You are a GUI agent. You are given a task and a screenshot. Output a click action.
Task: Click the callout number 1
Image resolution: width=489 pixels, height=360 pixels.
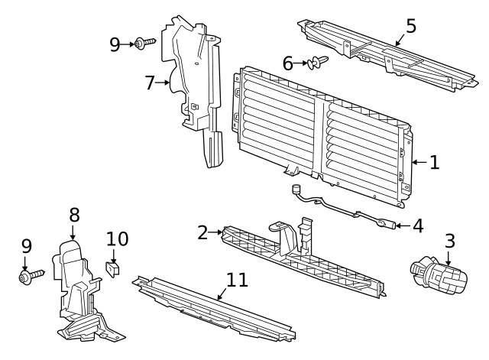click(434, 162)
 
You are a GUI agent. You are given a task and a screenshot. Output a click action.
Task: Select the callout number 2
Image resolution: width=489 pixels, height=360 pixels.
click(202, 232)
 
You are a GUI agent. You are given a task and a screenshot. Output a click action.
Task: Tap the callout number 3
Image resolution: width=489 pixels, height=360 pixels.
click(450, 241)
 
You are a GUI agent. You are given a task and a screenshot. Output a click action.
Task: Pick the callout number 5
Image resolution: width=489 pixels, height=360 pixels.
click(411, 26)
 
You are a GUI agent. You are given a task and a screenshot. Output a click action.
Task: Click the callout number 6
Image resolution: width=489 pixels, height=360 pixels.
click(288, 63)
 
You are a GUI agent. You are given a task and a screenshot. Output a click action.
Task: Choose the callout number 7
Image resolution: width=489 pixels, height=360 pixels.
click(150, 83)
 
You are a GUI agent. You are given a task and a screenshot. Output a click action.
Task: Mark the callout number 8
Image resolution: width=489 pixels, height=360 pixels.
click(74, 216)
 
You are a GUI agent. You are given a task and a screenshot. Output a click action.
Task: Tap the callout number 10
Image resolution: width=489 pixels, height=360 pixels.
click(117, 239)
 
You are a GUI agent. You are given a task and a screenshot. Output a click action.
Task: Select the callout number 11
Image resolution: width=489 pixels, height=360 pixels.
click(238, 280)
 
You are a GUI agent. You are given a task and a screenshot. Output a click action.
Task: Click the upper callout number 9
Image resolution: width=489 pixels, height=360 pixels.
click(115, 44)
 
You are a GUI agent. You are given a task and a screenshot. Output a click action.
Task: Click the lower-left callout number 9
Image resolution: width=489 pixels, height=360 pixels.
click(26, 246)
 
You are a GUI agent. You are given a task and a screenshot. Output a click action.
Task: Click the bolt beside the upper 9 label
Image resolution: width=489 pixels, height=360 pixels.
click(144, 44)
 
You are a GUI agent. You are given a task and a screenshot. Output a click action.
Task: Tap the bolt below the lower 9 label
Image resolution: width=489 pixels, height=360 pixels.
click(30, 274)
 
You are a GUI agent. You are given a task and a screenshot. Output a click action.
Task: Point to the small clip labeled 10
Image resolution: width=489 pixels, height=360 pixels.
click(113, 268)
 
